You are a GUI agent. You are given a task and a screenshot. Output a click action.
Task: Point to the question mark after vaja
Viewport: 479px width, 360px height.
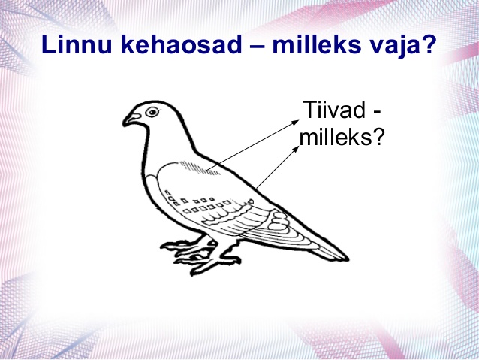tap(426, 44)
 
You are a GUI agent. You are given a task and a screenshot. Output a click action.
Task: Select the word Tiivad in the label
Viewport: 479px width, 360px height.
tap(333, 110)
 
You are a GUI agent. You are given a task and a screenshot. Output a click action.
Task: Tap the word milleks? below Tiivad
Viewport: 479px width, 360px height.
tap(341, 137)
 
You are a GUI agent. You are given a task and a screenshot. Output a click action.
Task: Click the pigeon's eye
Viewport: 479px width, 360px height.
tap(152, 112)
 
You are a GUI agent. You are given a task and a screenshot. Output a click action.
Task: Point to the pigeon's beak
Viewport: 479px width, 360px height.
tap(131, 119)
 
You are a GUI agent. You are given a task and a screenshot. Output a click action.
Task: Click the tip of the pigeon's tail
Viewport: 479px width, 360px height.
tap(348, 259)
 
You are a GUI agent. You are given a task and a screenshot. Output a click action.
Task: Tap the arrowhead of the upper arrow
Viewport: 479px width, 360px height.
tap(295, 122)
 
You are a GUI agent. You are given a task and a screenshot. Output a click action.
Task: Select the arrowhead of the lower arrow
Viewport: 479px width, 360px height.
tap(296, 149)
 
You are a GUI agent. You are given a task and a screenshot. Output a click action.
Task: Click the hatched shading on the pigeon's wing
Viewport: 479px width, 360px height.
tap(198, 168)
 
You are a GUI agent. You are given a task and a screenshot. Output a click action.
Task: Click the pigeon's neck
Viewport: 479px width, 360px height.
tap(167, 138)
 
